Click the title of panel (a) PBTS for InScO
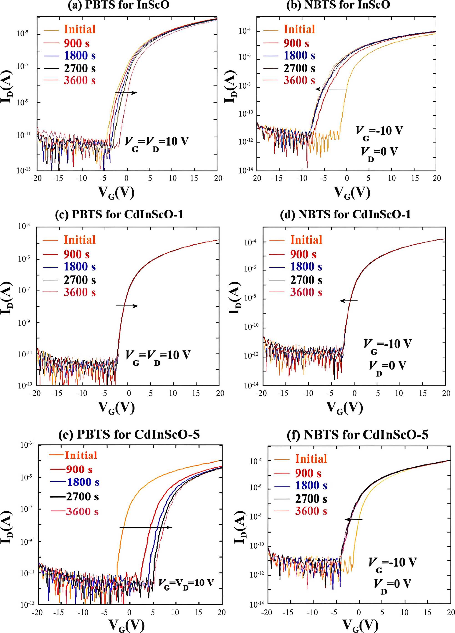pos(119,5)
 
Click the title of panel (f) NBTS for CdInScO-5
pos(358,435)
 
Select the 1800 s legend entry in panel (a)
pos(80,55)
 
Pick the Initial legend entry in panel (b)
pos(299,29)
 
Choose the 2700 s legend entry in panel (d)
pos(306,280)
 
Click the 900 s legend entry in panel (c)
pos(76,254)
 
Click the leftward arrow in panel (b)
pos(331,89)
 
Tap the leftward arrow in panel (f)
pos(353,520)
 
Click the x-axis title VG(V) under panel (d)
pos(345,408)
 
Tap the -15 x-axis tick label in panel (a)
pos(58,178)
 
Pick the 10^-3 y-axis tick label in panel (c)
pos(24,226)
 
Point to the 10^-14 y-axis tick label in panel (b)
pos(246,170)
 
